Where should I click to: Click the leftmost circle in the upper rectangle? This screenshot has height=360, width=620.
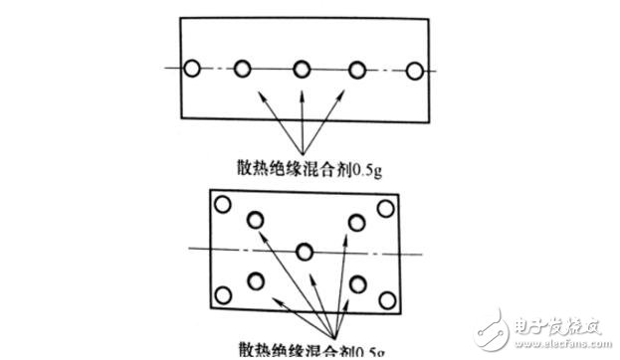(193, 69)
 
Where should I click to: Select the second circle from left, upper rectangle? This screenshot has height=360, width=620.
(243, 69)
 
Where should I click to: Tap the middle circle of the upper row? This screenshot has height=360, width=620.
(302, 69)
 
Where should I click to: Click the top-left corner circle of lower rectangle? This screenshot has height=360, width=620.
(222, 205)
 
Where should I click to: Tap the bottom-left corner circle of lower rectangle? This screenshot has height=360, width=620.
(223, 294)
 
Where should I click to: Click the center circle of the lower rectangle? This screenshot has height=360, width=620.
(305, 250)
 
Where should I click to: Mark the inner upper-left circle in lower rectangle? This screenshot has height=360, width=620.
(256, 220)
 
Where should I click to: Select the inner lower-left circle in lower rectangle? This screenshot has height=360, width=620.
(256, 280)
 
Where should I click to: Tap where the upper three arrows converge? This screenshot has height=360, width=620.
(302, 145)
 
